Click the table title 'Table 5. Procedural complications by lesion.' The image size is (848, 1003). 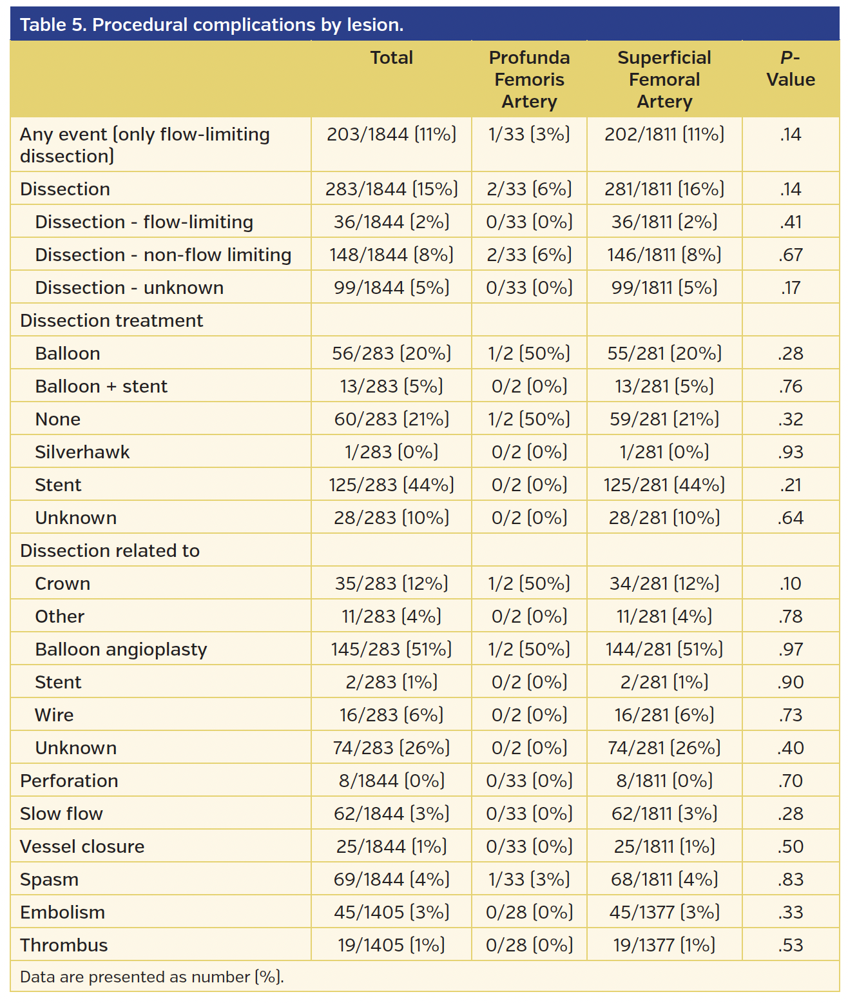coord(211,24)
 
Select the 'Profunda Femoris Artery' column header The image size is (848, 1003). coord(529,79)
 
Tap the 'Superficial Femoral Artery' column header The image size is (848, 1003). coord(664,79)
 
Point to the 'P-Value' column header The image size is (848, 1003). coord(790,69)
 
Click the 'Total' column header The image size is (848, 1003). coord(391,58)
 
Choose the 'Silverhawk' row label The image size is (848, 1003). coord(82,452)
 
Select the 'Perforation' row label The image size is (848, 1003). coord(69,781)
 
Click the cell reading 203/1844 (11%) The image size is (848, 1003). coord(391,134)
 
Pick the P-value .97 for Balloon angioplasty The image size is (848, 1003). coord(790,649)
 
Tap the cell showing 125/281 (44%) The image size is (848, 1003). coord(664,485)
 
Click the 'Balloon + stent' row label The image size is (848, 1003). coord(101,386)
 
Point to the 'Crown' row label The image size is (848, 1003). coord(63,583)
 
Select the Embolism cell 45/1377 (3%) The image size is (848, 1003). coord(664,912)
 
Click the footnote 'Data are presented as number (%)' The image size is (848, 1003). coord(152,977)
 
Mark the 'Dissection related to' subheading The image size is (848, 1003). coord(110,550)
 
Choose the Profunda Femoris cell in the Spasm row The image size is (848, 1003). coord(529,879)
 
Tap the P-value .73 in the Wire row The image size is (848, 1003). coord(790,715)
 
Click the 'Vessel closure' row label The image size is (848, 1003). coord(82,846)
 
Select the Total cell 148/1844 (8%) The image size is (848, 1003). coord(391,255)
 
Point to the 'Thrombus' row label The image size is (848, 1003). coord(64,945)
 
